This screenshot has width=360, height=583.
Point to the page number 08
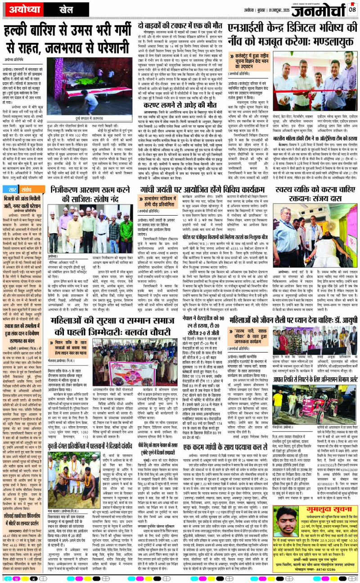352,9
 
